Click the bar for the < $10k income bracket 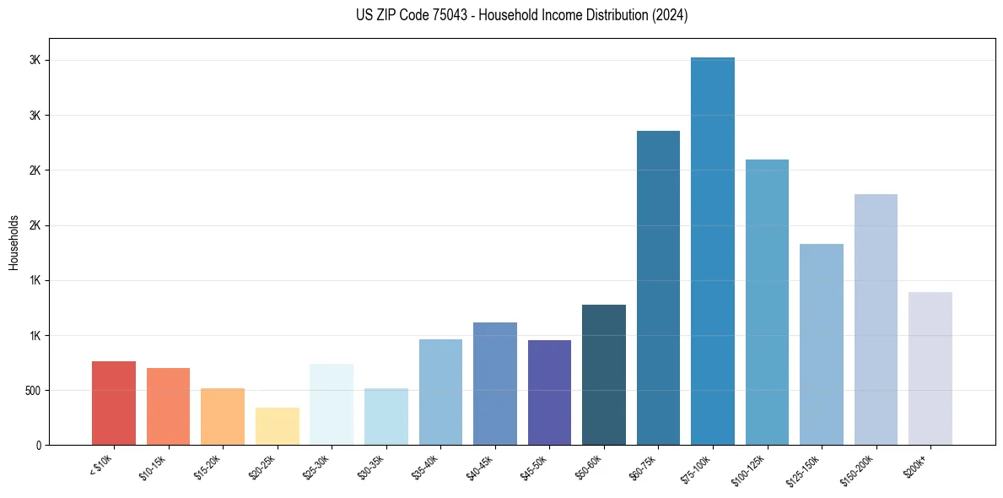pyautogui.click(x=114, y=403)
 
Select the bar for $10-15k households pyautogui.click(x=168, y=407)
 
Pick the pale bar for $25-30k pyautogui.click(x=332, y=404)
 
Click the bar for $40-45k pyautogui.click(x=494, y=384)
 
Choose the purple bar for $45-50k pyautogui.click(x=549, y=392)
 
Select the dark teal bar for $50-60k pyautogui.click(x=603, y=375)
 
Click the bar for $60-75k pyautogui.click(x=658, y=288)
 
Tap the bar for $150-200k pyautogui.click(x=876, y=320)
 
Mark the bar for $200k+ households pyautogui.click(x=930, y=369)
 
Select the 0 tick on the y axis pyautogui.click(x=37, y=446)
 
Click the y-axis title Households pyautogui.click(x=13, y=241)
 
